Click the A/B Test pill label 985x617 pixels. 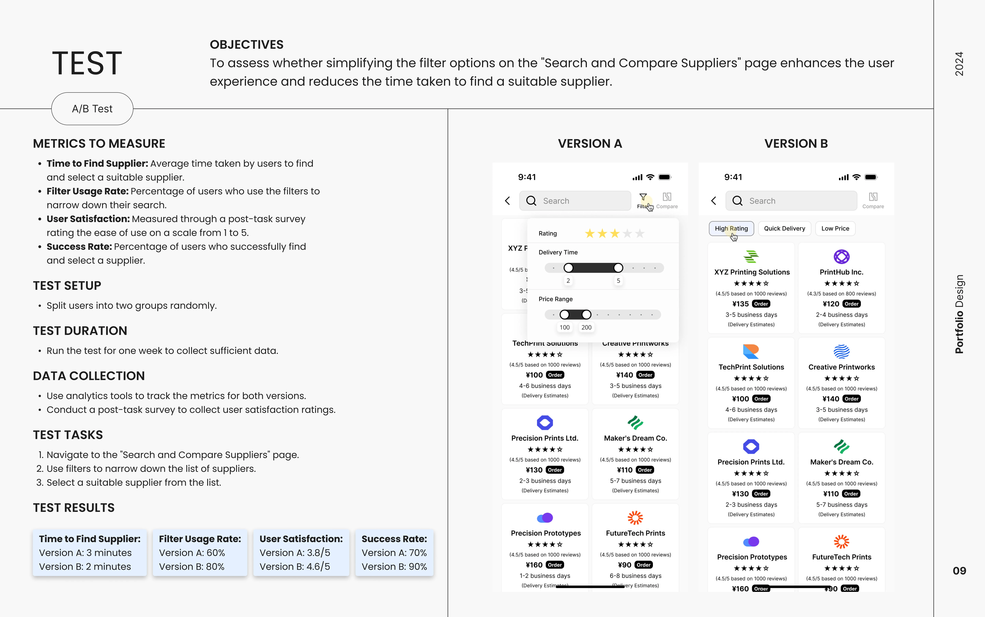coord(92,109)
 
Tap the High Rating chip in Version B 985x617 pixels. coord(731,229)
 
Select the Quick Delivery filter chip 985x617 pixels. coord(784,229)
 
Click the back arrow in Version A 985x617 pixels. coord(507,201)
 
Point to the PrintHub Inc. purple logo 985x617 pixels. coord(841,257)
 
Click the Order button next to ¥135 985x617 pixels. coord(761,304)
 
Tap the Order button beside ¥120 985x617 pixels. coord(851,304)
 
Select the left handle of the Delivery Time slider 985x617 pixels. coord(568,268)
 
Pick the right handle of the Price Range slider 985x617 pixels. coord(586,315)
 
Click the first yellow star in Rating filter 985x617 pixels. coord(589,233)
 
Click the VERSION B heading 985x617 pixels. coord(796,144)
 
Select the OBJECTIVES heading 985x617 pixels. coord(247,44)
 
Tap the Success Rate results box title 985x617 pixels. coord(394,539)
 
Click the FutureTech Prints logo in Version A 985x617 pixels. coord(635,518)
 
